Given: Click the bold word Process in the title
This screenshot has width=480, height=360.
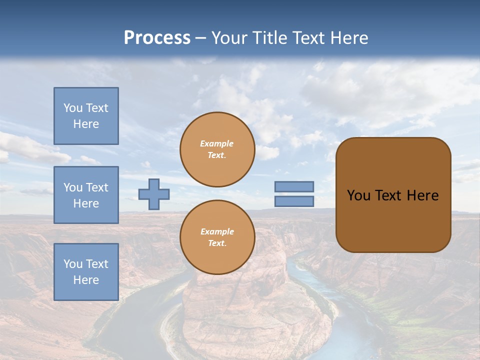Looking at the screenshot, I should [x=157, y=38].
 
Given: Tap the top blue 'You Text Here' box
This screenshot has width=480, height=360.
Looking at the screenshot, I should [x=86, y=116].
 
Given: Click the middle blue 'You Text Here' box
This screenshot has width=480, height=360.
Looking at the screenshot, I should [x=86, y=195].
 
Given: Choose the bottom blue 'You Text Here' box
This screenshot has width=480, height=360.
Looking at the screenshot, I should [x=86, y=272].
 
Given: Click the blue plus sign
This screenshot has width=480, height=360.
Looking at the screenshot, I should [x=154, y=194].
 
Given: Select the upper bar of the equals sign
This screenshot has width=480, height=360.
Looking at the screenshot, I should [x=294, y=186].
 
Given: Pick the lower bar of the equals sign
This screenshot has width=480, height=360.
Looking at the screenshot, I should [x=294, y=201].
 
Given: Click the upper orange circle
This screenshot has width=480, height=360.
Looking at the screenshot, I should [x=217, y=149].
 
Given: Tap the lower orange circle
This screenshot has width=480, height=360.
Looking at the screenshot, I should [x=217, y=237].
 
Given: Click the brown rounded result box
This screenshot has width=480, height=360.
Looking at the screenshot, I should [x=393, y=195].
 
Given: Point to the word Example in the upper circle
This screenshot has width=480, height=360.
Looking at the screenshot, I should [x=217, y=143].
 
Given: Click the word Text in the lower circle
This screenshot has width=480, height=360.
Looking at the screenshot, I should [x=216, y=243].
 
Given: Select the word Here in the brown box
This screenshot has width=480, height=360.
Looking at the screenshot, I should [x=422, y=195].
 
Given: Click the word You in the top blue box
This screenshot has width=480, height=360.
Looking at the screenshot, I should [x=73, y=108].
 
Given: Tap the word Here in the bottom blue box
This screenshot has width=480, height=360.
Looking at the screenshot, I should [x=86, y=280].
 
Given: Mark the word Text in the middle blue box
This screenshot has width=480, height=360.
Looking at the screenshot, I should [x=96, y=187].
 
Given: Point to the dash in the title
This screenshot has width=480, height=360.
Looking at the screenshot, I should [x=200, y=38].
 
